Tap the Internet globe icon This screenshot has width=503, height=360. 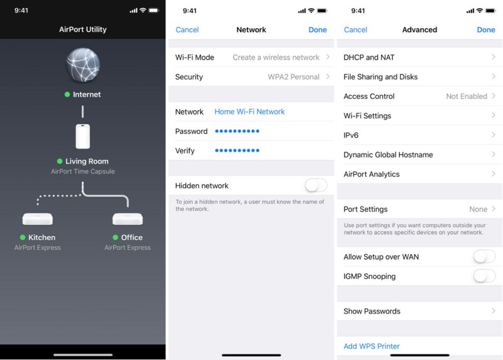coord(83,65)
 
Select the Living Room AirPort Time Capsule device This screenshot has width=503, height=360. coord(83,137)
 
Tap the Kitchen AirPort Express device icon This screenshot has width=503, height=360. coord(38,220)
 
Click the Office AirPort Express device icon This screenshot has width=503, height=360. coord(128,220)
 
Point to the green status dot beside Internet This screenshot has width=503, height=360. coord(67,94)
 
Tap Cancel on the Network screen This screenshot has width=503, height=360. coord(187,30)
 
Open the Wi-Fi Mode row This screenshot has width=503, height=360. coord(251,57)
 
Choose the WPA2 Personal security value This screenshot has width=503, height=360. coord(294,77)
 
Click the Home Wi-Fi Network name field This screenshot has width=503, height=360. coord(250,112)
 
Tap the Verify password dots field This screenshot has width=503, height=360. coord(237,150)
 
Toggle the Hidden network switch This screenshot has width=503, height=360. coord(316,185)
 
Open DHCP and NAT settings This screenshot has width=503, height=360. coord(419,57)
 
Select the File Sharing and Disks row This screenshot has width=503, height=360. coord(419,77)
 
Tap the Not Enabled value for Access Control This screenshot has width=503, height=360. coord(467,96)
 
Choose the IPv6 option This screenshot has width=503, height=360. coord(419,135)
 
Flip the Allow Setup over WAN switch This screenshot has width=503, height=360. coord(484,257)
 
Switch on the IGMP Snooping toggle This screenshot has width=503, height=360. coord(484,276)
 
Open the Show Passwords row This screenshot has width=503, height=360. coord(419,311)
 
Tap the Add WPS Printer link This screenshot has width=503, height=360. coord(372,346)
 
